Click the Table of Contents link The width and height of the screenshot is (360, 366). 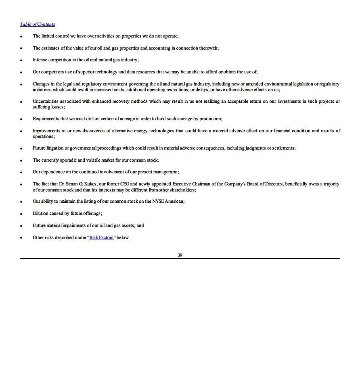38,24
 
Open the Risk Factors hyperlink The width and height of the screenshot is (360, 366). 101,237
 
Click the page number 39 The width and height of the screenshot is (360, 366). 180,255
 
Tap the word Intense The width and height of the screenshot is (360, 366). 40,60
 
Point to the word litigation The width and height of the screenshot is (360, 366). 55,148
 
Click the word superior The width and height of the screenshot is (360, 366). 94,72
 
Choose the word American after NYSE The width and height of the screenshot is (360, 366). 174,201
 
